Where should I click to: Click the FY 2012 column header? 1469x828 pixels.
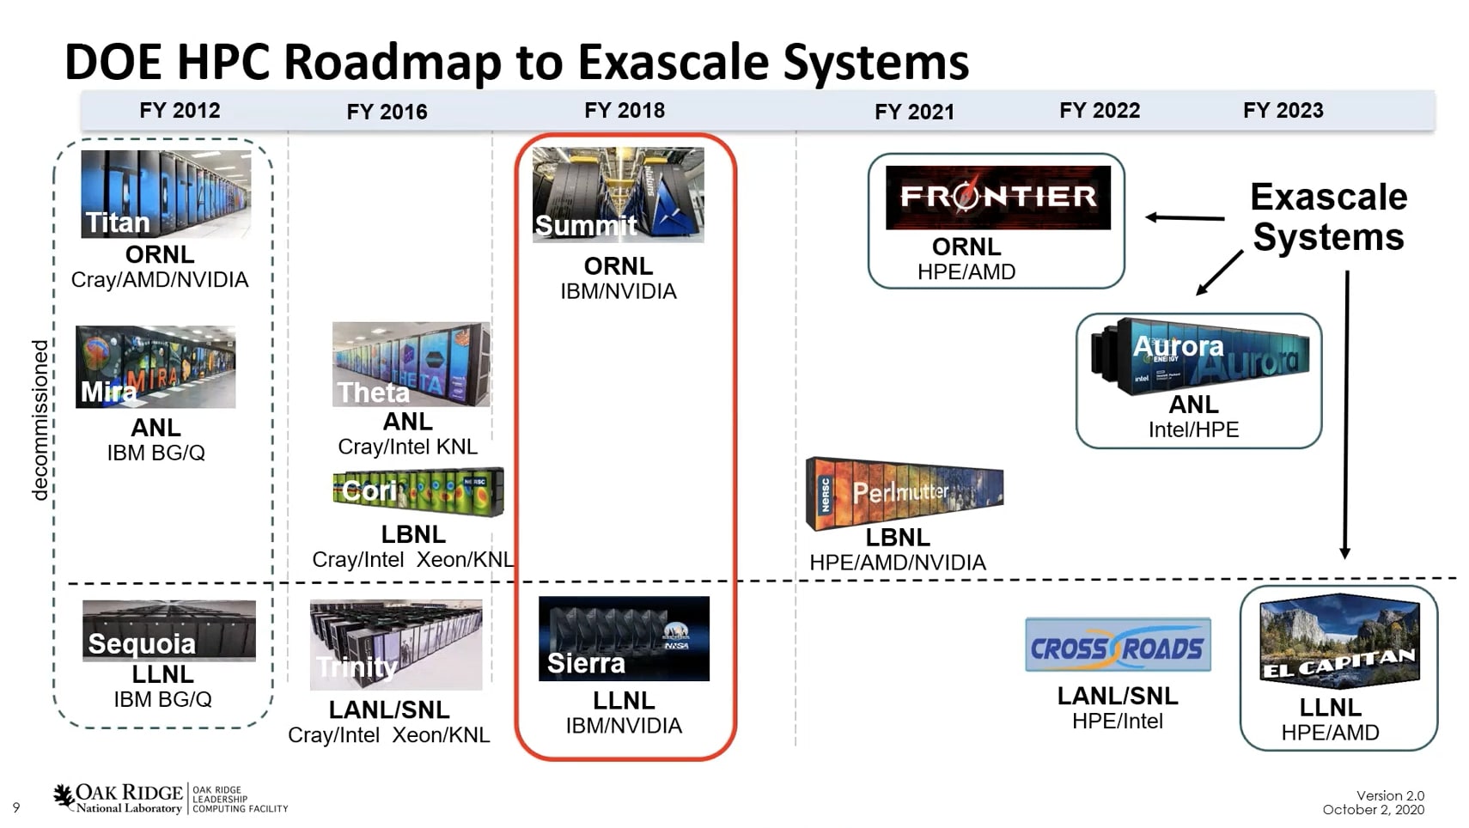point(180,110)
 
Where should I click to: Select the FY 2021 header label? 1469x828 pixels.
point(914,113)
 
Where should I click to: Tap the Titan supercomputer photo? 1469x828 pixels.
point(166,194)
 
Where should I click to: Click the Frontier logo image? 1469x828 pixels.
point(998,198)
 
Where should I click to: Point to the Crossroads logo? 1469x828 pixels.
point(1119,644)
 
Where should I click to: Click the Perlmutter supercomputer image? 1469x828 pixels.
point(905,493)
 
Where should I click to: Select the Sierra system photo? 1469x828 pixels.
point(624,638)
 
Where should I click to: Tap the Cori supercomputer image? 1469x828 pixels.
point(418,491)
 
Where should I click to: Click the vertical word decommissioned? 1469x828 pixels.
point(40,420)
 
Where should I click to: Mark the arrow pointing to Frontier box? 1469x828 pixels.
point(1185,217)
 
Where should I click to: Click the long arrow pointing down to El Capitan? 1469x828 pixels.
point(1345,414)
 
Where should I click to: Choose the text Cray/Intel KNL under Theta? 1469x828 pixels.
point(407,447)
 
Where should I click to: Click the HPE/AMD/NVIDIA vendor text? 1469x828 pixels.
point(897,563)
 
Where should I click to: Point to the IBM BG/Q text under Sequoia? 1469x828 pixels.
point(162,699)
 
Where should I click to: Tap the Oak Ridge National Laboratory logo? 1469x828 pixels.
point(170,799)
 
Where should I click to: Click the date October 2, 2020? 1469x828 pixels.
point(1374,810)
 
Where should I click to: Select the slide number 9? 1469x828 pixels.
point(16,807)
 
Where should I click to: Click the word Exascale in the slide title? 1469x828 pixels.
point(674,62)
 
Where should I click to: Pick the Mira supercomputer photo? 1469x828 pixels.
point(155,367)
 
